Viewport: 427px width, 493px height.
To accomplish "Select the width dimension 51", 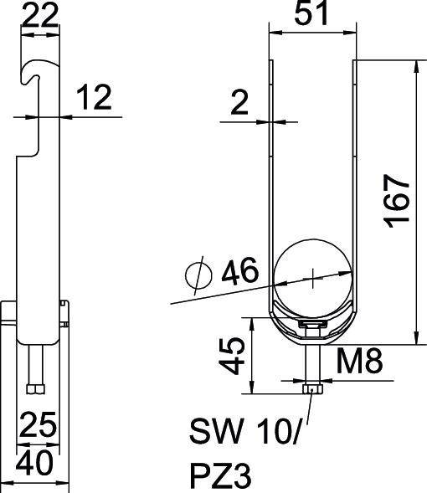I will [x=311, y=15].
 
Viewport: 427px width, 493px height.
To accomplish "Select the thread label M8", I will [x=360, y=362].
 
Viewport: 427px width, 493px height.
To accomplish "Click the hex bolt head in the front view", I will [x=311, y=388].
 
